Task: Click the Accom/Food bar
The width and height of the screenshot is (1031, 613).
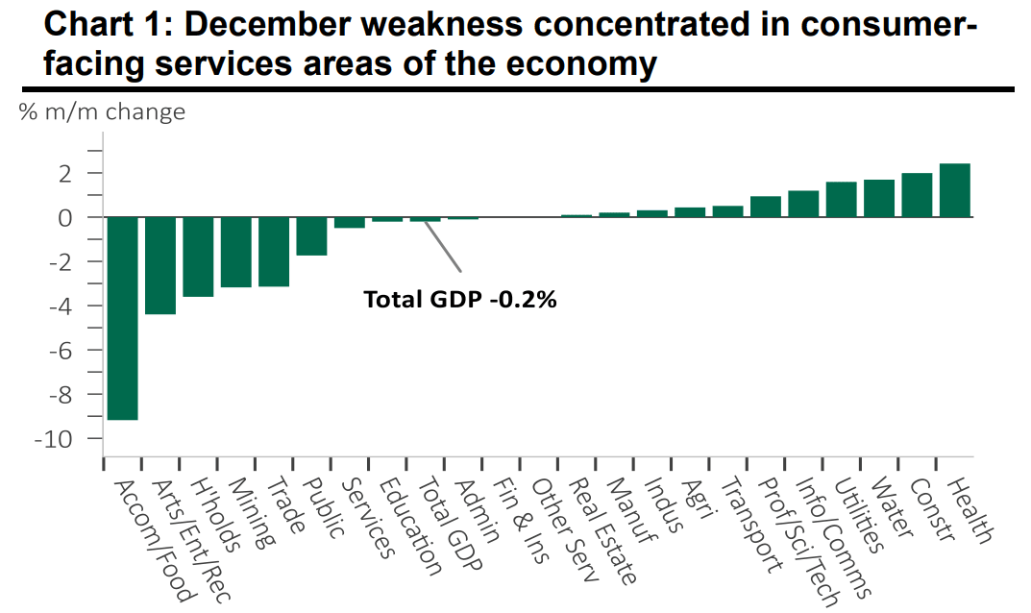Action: coord(122,318)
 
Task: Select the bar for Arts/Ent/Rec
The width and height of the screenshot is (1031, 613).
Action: coord(160,265)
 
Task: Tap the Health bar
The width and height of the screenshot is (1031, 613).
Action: coord(954,190)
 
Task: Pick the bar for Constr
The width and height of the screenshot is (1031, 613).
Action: coord(917,195)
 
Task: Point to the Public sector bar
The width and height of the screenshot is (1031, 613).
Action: coord(311,236)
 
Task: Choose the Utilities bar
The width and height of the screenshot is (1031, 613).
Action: coord(841,199)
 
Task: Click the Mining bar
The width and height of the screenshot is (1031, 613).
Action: coord(235,252)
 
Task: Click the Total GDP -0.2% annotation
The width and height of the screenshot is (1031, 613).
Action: coord(460,299)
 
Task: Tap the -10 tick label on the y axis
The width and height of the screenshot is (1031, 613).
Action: coord(57,438)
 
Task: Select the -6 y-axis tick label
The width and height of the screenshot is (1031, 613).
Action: coord(61,351)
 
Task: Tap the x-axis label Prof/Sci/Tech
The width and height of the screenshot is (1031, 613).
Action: coord(785,538)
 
